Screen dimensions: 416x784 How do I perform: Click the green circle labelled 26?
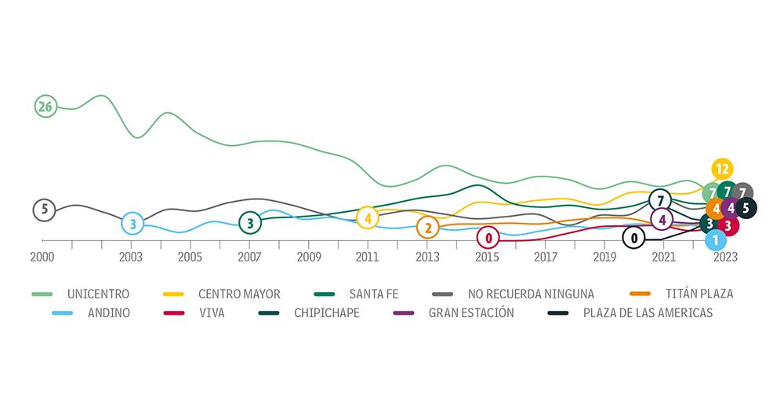45,107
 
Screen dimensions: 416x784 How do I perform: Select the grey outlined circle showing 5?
45,210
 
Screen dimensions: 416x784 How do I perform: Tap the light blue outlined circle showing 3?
132,224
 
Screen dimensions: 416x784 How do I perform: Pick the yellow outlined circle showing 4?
367,217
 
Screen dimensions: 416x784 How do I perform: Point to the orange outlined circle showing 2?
427,228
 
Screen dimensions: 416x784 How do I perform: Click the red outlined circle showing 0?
488,237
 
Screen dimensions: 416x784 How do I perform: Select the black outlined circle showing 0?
633,237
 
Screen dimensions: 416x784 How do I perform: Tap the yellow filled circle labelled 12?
722,169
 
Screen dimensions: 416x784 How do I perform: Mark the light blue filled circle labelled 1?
715,239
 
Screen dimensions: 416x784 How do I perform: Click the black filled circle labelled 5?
746,208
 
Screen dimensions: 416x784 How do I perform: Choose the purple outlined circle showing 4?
662,220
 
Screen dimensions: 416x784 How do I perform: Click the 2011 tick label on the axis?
367,257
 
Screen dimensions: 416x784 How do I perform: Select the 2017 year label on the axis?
546,257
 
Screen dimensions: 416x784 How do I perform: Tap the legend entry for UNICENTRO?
98,294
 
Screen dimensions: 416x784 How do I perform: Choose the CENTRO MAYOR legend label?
238,294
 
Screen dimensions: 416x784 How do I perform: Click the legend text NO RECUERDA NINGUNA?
530,294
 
